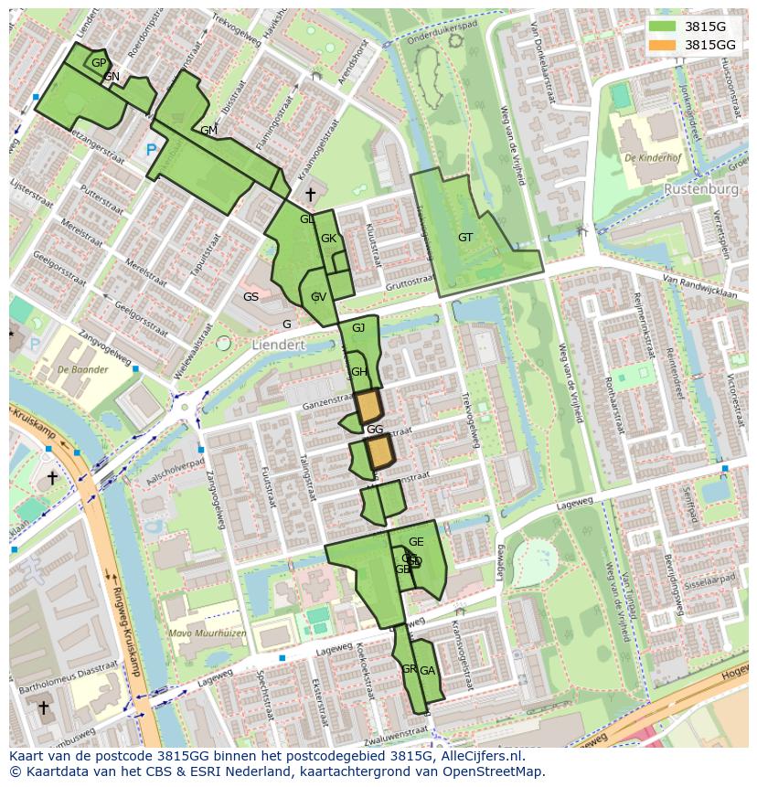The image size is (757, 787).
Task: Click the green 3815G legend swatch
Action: click(x=664, y=27)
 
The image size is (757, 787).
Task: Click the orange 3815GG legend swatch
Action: click(x=664, y=45)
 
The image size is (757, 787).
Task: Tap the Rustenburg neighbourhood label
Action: click(x=701, y=189)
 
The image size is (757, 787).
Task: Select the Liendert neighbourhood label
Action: click(x=278, y=346)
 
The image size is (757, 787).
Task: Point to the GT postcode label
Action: click(x=465, y=238)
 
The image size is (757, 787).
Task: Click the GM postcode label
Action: click(x=208, y=131)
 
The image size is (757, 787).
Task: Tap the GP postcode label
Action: click(x=99, y=62)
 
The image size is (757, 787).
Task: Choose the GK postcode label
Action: click(x=329, y=239)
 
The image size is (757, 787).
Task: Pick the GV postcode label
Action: click(x=318, y=297)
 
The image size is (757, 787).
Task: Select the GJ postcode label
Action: click(x=358, y=328)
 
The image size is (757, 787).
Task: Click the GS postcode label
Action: click(x=251, y=297)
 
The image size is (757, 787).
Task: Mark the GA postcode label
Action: click(x=427, y=670)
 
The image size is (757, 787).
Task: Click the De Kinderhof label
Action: click(x=655, y=158)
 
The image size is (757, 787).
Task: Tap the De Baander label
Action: click(x=82, y=370)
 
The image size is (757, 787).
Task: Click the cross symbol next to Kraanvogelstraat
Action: click(x=310, y=195)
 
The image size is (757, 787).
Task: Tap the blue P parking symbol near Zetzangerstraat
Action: click(x=151, y=149)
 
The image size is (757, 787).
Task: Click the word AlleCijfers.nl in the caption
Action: click(x=483, y=756)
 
